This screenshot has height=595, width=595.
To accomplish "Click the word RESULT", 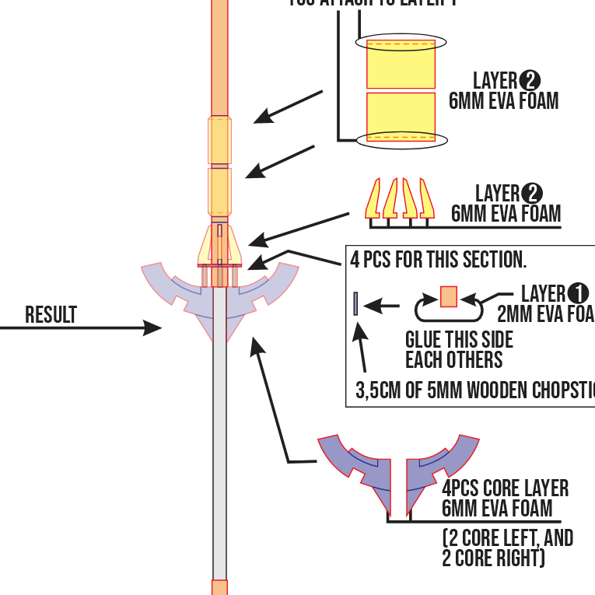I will click(51, 315).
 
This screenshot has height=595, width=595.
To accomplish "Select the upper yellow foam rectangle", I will click(401, 64).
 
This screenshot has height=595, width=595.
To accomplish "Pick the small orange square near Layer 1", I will click(449, 297).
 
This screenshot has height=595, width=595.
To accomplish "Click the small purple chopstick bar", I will click(355, 303).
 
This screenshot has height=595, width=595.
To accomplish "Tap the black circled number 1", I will click(578, 293).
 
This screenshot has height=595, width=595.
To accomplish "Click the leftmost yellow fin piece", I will click(373, 199).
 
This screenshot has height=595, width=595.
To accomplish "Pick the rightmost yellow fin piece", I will click(427, 199).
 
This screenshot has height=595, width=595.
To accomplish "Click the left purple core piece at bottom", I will click(355, 467).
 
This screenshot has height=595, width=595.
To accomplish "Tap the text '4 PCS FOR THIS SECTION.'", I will click(439, 259).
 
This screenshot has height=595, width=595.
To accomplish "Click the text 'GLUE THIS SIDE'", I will click(459, 341).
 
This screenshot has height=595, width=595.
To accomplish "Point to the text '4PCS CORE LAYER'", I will click(506, 488).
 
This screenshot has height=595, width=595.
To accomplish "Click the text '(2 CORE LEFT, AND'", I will click(507, 537).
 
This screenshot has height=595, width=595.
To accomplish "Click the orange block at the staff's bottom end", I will click(220, 587).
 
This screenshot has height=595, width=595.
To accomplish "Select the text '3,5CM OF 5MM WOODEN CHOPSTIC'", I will click(474, 390).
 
